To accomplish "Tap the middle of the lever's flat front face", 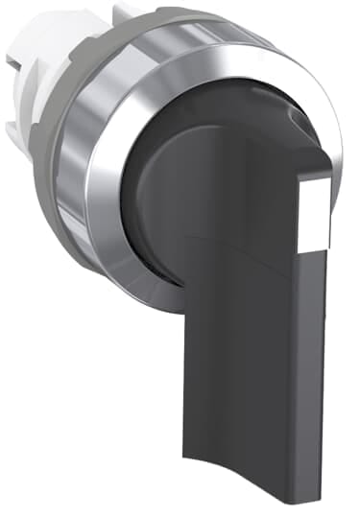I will [254, 365].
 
